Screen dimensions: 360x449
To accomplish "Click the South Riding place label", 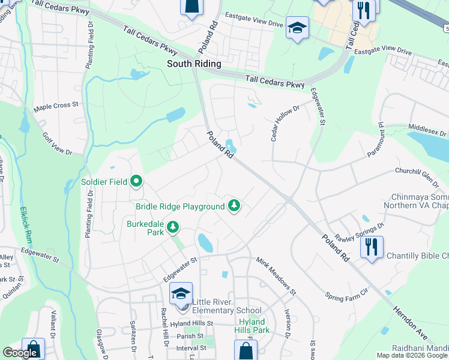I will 194,64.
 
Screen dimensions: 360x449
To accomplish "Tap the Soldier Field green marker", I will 137,180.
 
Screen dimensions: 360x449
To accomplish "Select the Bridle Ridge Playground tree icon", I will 234,206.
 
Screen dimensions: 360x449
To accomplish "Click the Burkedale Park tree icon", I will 173,227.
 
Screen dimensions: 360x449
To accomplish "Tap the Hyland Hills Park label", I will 250,326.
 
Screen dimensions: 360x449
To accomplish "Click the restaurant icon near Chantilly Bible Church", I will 372,247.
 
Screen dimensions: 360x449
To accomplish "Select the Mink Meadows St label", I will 276,274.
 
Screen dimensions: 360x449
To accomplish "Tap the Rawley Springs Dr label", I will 359,232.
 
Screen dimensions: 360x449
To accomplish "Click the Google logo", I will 20,353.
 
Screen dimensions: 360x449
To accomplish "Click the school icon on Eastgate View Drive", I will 297,28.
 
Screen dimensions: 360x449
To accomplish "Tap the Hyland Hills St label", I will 191,323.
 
